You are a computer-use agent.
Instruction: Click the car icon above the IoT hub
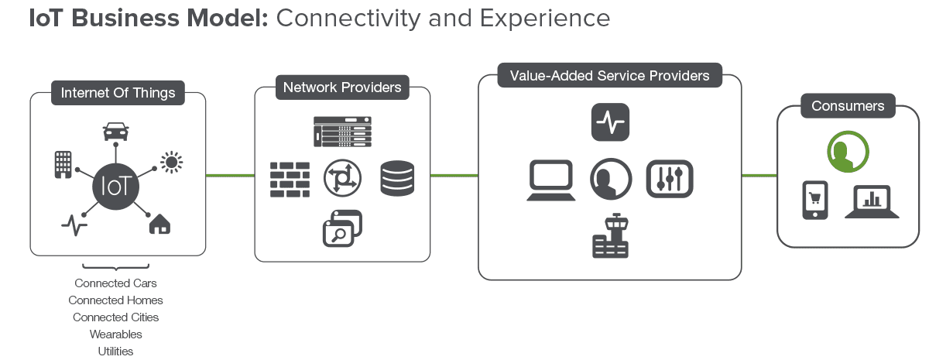pos(115,132)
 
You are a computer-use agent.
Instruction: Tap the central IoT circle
pos(115,186)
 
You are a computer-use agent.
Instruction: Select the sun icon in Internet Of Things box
pos(171,161)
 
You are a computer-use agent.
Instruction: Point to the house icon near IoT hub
pos(159,224)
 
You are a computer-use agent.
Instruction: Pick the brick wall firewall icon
pos(290,179)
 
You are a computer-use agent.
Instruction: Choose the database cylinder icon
pos(398,178)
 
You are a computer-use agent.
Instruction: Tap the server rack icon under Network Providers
pos(342,131)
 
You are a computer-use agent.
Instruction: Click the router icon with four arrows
pos(342,178)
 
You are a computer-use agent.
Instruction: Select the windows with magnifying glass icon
pos(342,228)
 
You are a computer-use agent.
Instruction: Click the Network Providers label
pos(342,87)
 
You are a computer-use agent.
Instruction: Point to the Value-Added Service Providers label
pos(610,76)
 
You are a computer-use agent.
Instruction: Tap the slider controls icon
pos(669,179)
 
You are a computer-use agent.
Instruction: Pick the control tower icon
pos(610,235)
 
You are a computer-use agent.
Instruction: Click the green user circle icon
pos(848,151)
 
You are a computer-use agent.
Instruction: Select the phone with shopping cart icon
pos(814,201)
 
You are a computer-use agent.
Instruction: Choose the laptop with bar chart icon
pos(872,201)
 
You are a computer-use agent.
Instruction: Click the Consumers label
pos(848,106)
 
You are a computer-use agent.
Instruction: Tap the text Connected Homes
pos(115,300)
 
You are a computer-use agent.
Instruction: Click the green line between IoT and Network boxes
pos(230,176)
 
